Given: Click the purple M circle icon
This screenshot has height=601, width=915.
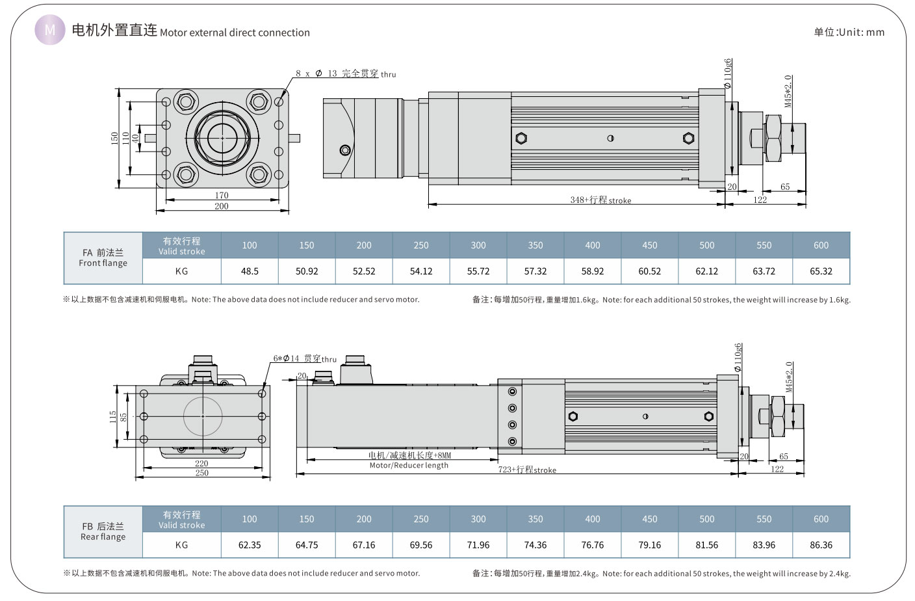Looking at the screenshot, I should coord(49,30).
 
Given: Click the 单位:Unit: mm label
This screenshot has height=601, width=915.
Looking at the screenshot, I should coord(849,32).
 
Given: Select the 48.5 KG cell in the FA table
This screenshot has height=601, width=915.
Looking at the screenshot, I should coord(250,271).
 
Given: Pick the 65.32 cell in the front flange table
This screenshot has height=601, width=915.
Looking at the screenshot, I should coord(821,271).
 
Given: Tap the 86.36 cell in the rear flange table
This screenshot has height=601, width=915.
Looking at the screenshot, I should coord(821,545).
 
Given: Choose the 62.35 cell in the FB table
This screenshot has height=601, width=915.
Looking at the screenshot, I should coord(250,545).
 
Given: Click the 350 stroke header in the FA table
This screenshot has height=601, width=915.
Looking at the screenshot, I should coord(535,245).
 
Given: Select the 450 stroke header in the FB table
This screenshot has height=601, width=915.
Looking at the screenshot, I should coord(650,519).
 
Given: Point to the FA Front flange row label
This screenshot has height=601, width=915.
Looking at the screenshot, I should coord(103,258).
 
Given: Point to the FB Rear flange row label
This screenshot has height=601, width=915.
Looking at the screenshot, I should coord(103,531).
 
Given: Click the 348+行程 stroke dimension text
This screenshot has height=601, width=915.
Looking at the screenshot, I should coord(600,200).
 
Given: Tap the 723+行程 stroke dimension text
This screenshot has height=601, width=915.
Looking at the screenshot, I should coord(527,470).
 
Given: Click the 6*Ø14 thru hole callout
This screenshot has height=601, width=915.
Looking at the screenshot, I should coord(305,358).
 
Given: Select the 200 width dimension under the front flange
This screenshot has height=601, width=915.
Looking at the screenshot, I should coord(222,206).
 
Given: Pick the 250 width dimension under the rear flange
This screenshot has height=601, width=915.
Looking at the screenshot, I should coord(202,473).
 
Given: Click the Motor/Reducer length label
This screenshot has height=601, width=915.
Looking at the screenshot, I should coord(409,465).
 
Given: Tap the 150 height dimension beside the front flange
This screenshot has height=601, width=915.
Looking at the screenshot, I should coord(115,138).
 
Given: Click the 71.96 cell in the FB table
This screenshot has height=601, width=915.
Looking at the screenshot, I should coord(478,545).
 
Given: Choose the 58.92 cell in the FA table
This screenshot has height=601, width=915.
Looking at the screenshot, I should coord(593,271).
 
